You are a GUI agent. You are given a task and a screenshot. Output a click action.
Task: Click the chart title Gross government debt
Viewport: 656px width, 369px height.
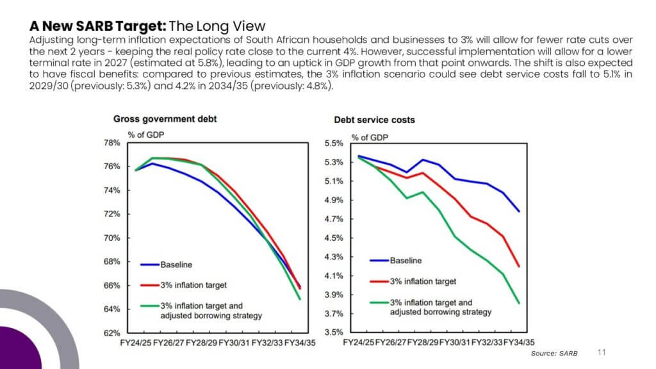(x=165, y=119)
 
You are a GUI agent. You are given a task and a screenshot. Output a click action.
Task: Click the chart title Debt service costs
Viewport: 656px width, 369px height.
(x=374, y=120)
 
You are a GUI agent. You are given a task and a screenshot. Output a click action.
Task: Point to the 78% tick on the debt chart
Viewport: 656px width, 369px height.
(x=111, y=143)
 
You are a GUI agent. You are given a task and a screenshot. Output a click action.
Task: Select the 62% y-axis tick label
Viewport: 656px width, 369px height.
(x=111, y=333)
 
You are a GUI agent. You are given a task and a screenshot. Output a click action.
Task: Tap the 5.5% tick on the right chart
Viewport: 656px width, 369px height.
(x=333, y=143)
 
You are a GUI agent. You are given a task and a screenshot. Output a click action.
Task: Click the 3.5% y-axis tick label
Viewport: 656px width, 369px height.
(x=333, y=332)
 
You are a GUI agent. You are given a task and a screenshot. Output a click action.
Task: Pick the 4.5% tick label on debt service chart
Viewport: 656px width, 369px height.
(x=333, y=238)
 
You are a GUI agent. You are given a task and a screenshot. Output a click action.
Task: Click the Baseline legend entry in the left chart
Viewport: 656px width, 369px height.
(x=167, y=265)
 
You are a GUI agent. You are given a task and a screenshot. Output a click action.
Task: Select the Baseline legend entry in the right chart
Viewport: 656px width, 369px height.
(x=396, y=261)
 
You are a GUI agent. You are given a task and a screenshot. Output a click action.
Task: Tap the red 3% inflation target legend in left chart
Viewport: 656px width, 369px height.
(x=184, y=285)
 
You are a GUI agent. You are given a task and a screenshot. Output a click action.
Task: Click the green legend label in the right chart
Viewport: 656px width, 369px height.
(x=441, y=307)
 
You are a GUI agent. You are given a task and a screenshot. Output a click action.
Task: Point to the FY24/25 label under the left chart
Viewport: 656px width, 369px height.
(x=136, y=343)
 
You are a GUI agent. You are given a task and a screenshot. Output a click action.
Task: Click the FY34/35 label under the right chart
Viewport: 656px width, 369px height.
(x=519, y=342)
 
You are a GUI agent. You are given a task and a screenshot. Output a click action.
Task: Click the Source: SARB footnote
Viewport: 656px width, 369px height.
(x=554, y=354)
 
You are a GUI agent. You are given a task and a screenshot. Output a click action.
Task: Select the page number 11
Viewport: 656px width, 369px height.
(x=602, y=352)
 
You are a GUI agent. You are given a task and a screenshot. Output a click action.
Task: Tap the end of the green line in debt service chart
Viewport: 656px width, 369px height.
(x=519, y=303)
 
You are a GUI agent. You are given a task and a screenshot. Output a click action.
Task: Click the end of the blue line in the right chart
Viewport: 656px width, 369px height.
(x=519, y=211)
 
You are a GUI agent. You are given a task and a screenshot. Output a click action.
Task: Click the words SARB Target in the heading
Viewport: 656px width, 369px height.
(x=121, y=26)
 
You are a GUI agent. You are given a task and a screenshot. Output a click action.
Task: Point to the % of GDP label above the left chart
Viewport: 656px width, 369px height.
(x=146, y=135)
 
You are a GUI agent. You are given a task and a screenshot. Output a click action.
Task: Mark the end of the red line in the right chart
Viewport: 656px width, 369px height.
(x=519, y=266)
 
